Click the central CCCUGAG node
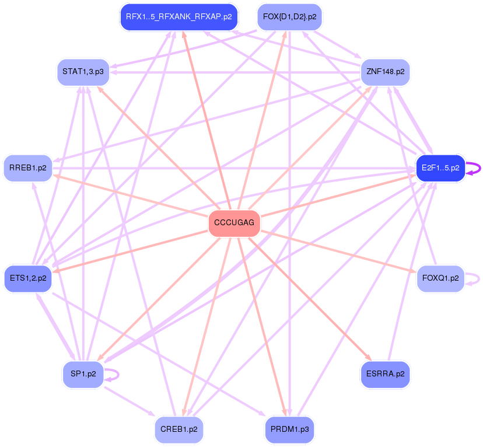(x=234, y=223)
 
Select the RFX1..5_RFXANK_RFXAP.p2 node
(x=178, y=17)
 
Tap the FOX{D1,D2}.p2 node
(x=289, y=17)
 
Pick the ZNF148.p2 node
(x=385, y=72)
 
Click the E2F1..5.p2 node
(x=440, y=168)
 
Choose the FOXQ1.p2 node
(x=440, y=278)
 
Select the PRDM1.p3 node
(x=289, y=429)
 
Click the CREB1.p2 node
(x=178, y=429)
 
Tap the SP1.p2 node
(x=83, y=373)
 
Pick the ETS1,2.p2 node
(x=28, y=278)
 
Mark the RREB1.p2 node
(x=28, y=168)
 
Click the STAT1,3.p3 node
(x=83, y=72)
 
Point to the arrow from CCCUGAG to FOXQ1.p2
(x=338, y=252)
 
